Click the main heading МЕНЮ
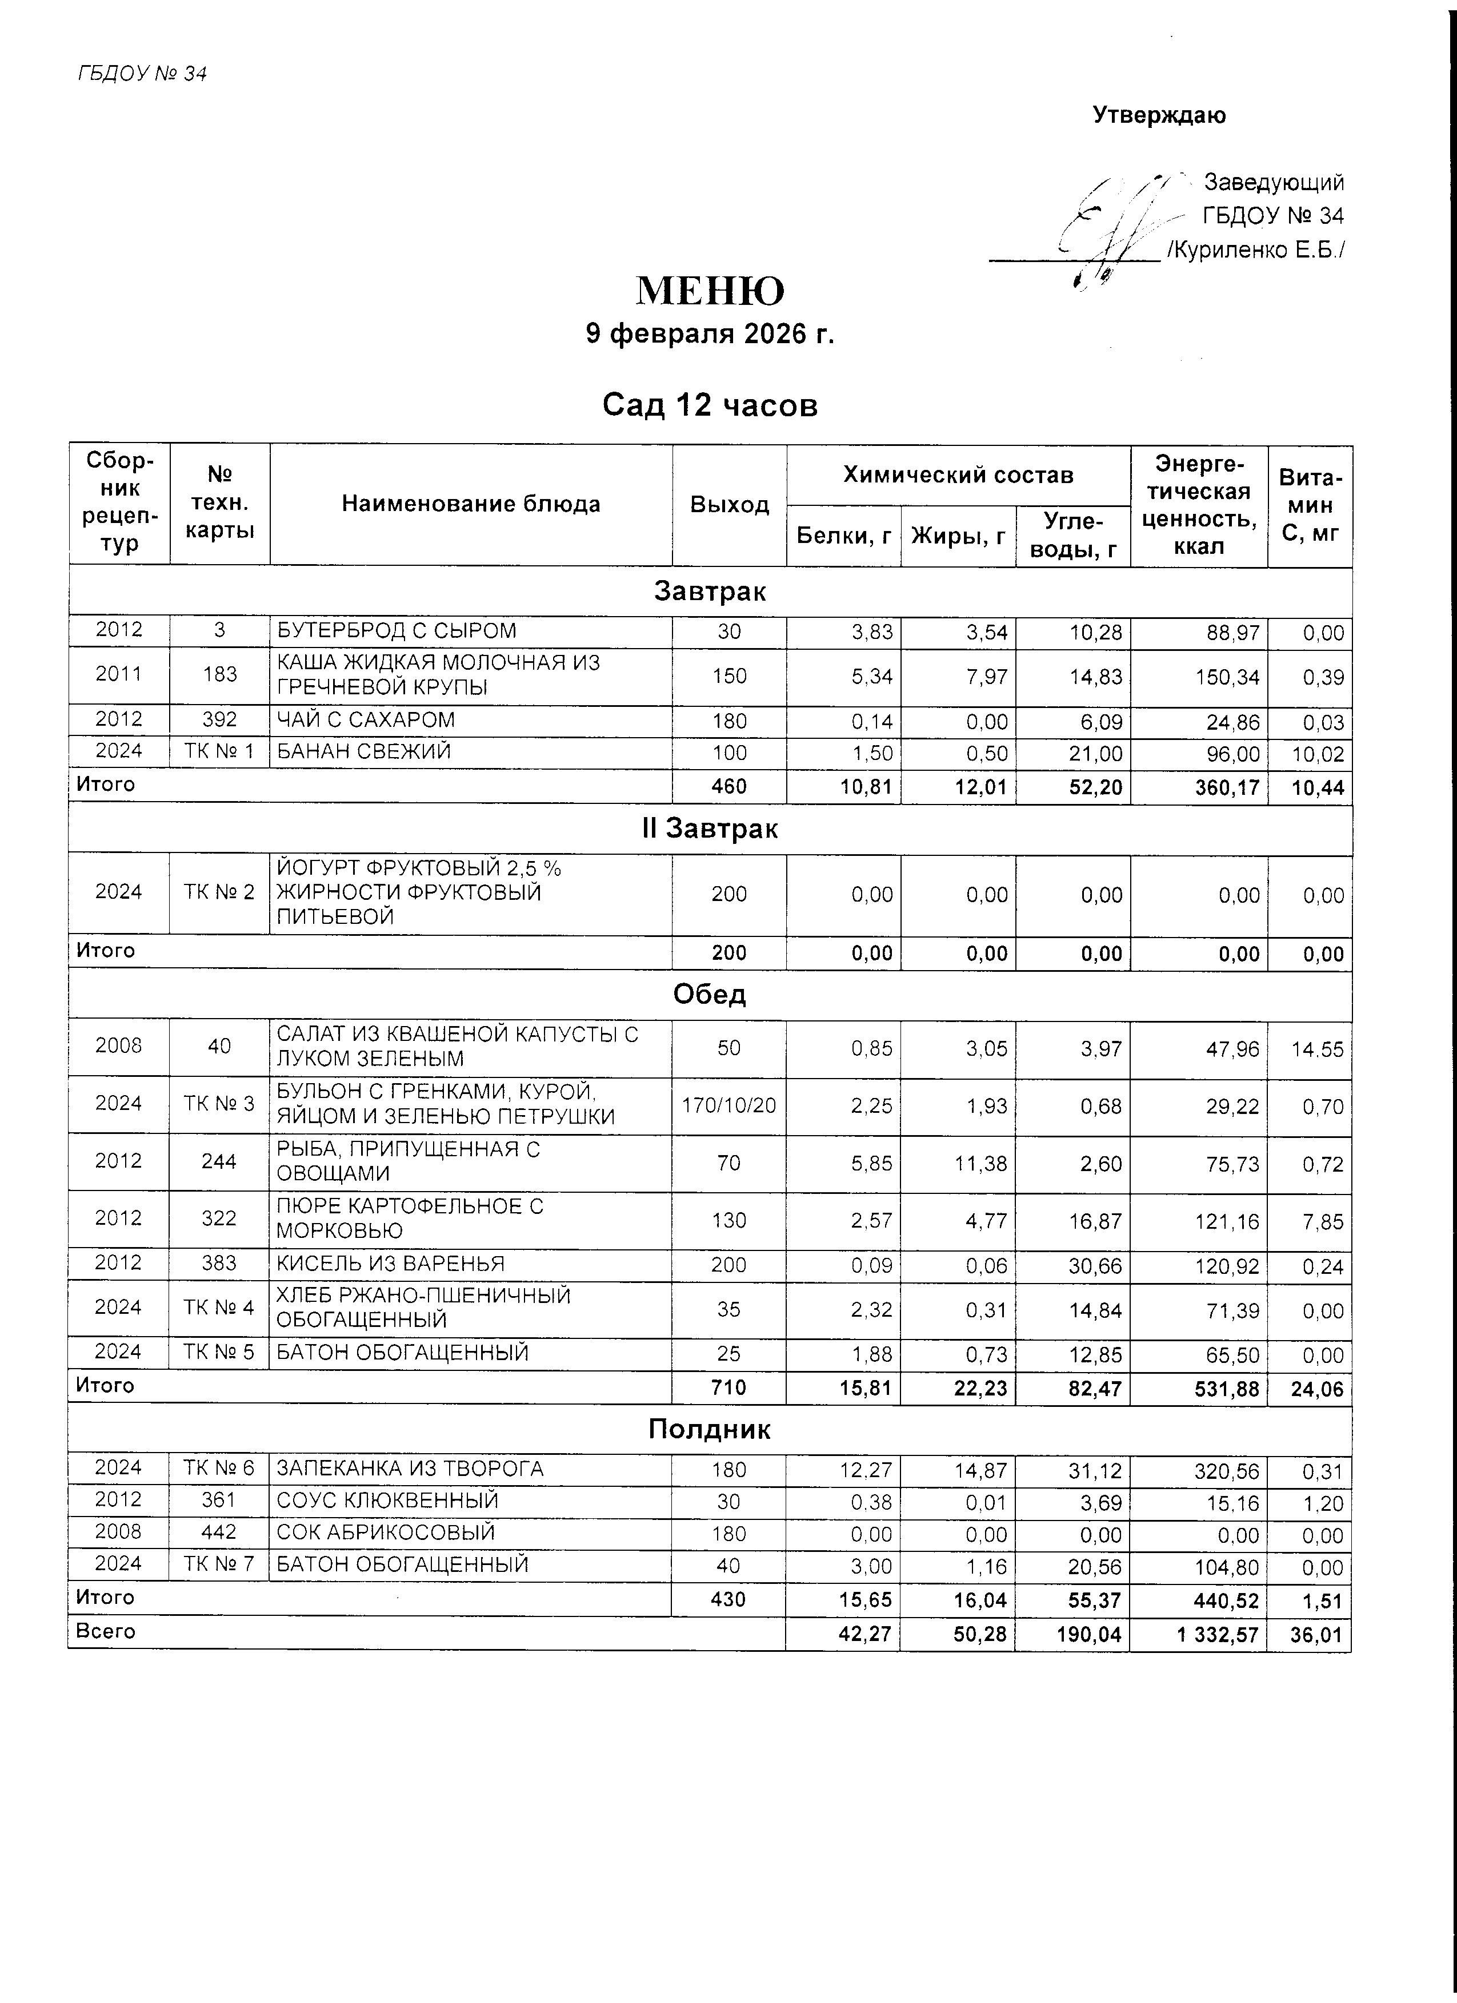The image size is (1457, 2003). click(x=710, y=291)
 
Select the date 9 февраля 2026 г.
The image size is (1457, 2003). click(x=710, y=334)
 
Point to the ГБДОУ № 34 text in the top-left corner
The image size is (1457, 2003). click(x=142, y=74)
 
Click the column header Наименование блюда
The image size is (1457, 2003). click(x=471, y=504)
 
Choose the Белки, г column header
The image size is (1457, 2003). click(x=844, y=535)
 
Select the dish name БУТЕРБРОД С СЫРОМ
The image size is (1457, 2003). click(x=397, y=630)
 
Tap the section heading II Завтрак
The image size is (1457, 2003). click(x=710, y=829)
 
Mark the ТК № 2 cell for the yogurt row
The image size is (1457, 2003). click(x=219, y=893)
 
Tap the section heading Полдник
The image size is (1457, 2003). click(x=710, y=1430)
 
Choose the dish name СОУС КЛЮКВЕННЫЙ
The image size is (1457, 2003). click(x=388, y=1501)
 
